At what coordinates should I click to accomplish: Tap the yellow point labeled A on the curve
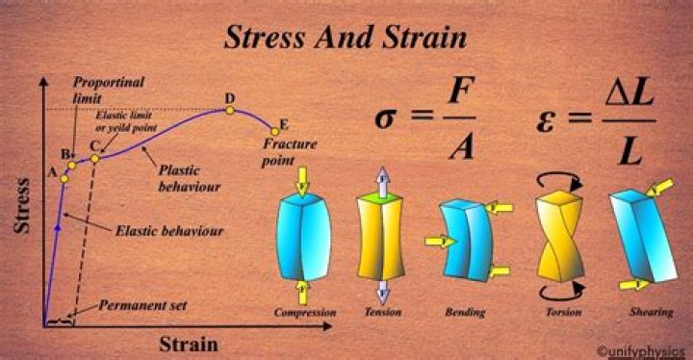64,178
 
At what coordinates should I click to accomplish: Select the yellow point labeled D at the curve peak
230,110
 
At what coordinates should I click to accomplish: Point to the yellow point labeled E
272,132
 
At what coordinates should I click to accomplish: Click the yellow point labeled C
95,159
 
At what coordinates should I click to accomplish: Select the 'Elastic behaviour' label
168,231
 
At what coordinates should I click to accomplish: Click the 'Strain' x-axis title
188,342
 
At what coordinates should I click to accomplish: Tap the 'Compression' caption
305,313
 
